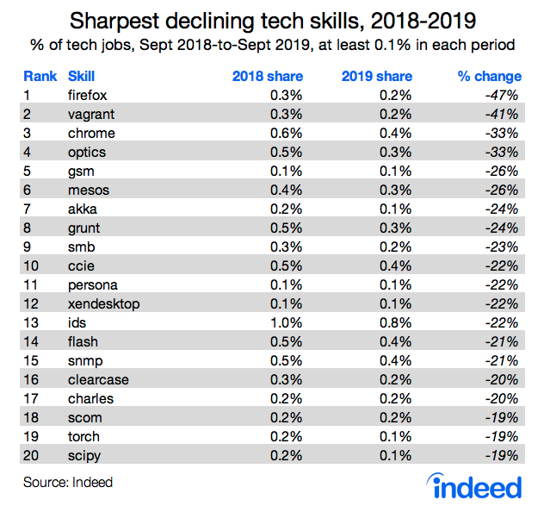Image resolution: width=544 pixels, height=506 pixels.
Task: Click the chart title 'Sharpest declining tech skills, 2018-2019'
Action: pos(272,19)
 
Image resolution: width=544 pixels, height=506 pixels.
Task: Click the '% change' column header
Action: pos(486,76)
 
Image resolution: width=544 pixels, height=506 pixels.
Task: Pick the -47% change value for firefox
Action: pos(499,94)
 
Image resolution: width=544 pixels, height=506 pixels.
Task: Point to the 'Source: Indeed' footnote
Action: pos(68,481)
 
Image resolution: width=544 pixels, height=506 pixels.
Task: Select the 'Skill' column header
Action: pos(81,76)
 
